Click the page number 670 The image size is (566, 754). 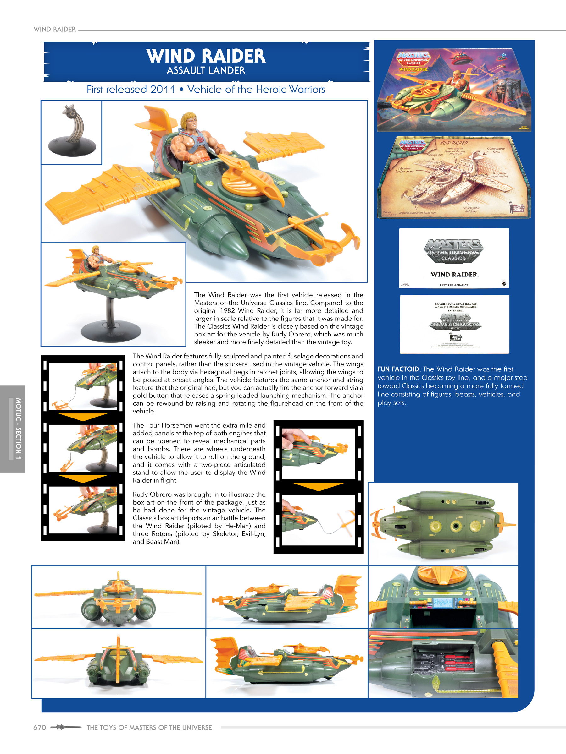[40, 727]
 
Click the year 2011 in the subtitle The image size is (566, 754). [162, 89]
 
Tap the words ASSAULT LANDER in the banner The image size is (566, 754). [206, 71]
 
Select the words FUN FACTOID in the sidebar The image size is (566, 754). [398, 369]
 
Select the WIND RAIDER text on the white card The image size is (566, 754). [454, 274]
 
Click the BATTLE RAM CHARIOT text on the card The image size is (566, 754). [454, 285]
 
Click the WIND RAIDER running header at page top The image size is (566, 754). [55, 29]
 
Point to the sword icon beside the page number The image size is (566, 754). [65, 727]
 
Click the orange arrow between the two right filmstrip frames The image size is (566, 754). [318, 486]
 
